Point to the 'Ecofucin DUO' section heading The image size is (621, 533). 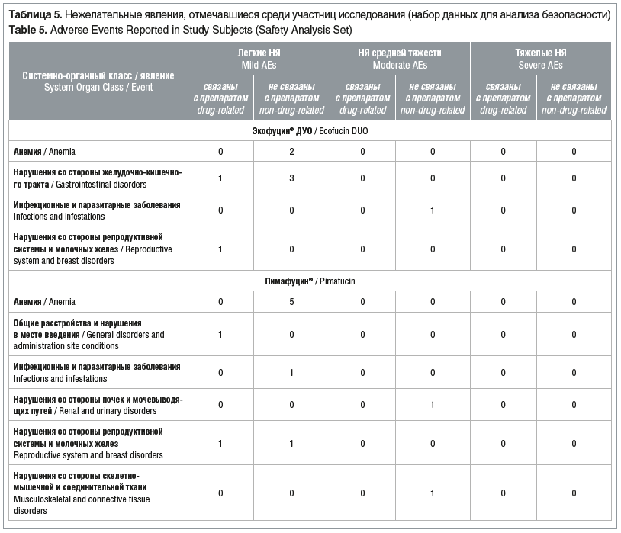311,131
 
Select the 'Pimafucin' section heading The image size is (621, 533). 311,281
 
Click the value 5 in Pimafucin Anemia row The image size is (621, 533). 291,302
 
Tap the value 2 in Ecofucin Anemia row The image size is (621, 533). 291,152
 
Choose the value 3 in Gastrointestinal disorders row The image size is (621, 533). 291,178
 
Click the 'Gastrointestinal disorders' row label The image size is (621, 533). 98,178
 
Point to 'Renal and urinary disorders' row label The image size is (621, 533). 98,405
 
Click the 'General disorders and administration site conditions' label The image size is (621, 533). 88,335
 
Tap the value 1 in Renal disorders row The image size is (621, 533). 432,405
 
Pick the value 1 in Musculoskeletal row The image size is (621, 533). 432,493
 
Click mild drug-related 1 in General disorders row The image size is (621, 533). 220,335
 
